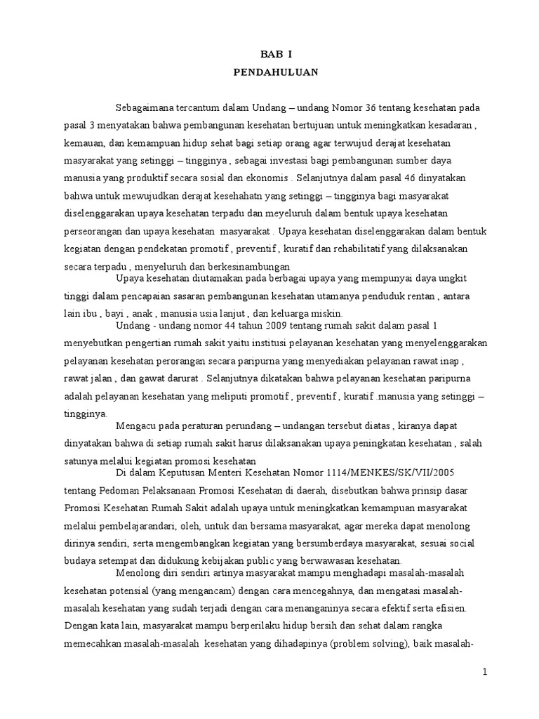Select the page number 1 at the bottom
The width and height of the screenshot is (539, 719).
click(484, 672)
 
